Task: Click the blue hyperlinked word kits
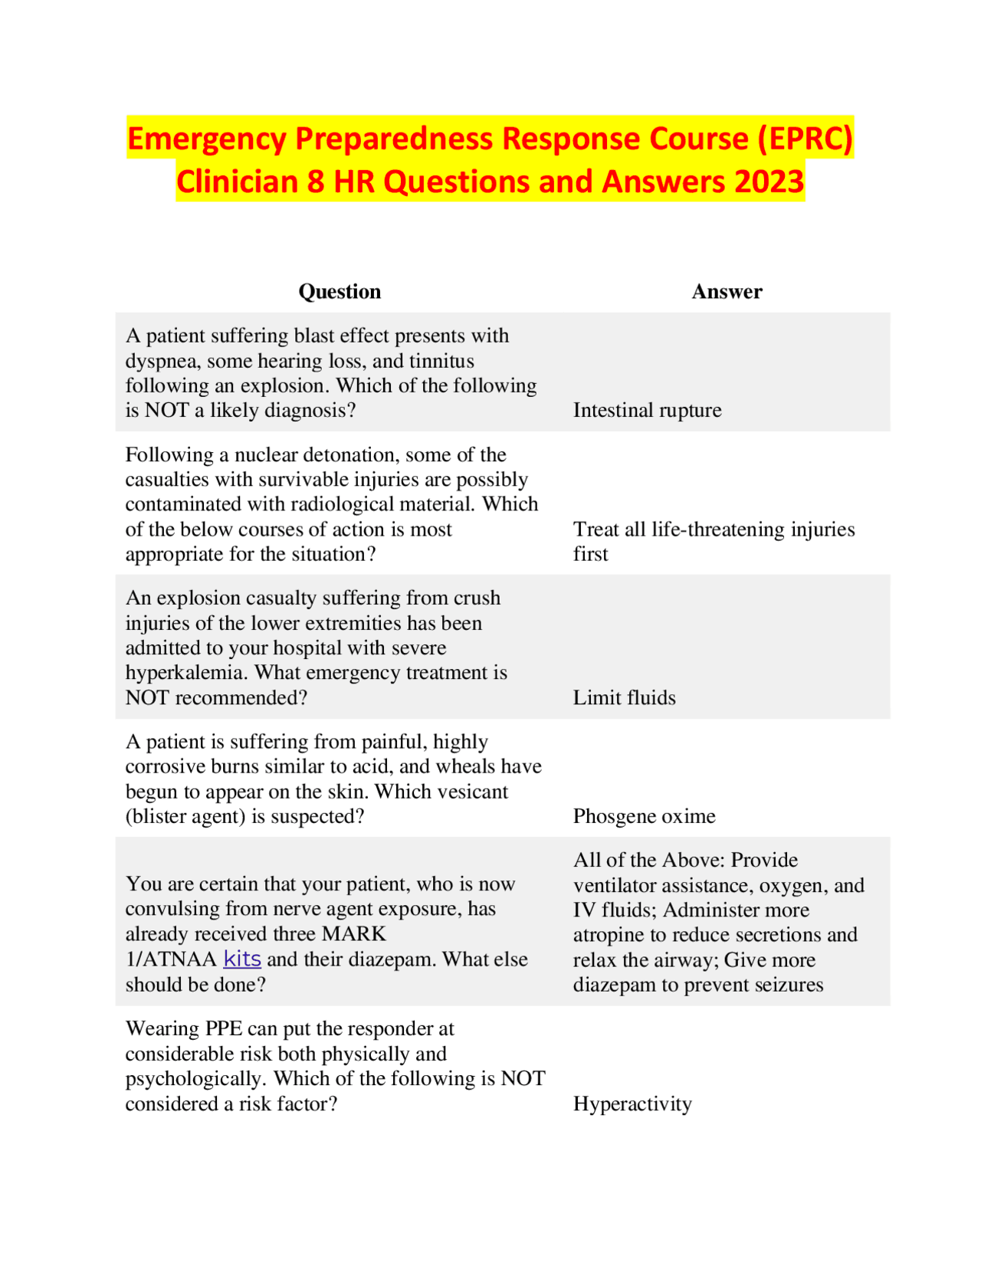coord(242,959)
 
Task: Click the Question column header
coord(340,291)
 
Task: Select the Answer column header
coord(727,291)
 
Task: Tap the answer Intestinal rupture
coord(647,410)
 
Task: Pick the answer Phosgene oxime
coord(644,816)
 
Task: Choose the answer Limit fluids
coord(624,697)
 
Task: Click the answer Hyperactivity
coord(632,1103)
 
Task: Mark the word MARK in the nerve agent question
coord(353,933)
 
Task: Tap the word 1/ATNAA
coord(171,959)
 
